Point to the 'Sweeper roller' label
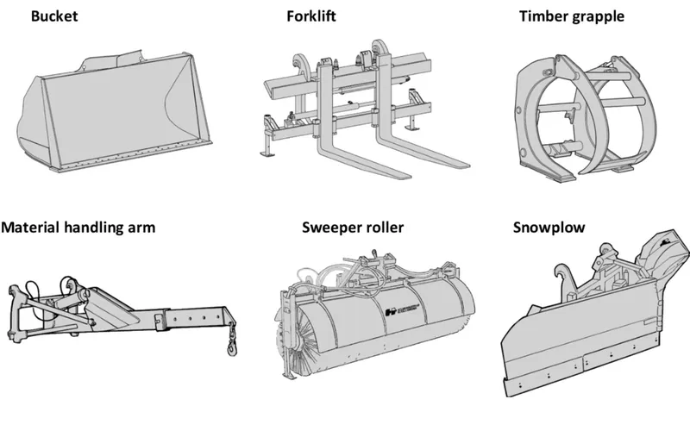point(353,228)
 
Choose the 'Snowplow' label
point(549,228)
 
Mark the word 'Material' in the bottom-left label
point(32,228)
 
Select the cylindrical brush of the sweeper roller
point(379,336)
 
